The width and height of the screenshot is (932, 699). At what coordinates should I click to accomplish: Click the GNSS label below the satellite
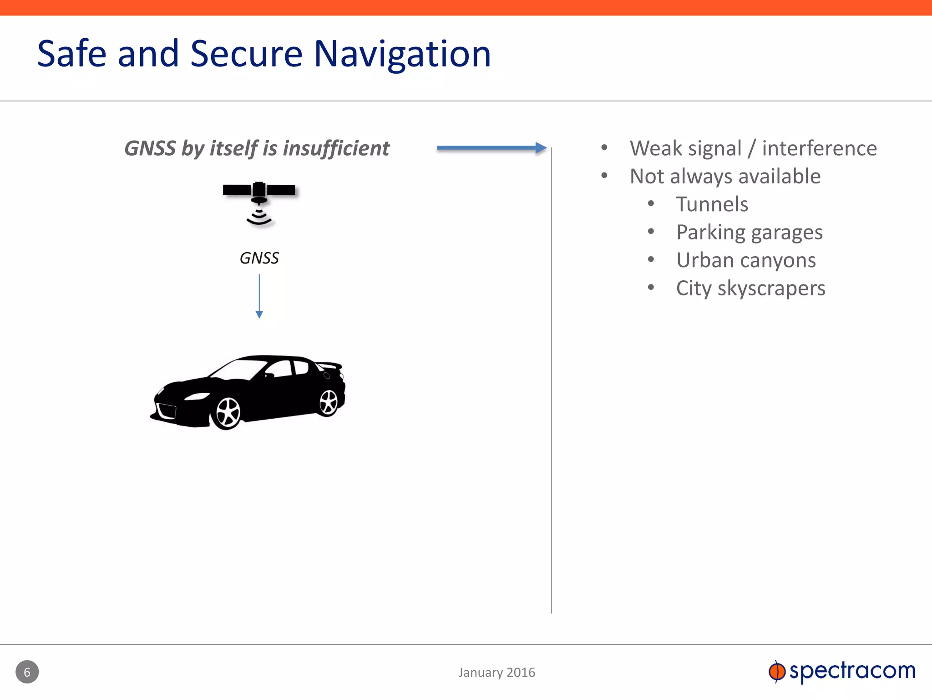(259, 258)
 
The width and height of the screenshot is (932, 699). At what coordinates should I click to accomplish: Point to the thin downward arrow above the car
(259, 296)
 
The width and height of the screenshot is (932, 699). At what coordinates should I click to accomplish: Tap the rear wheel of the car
(328, 402)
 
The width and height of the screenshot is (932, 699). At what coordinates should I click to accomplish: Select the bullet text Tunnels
(712, 204)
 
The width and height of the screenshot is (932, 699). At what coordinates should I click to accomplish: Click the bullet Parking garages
(749, 233)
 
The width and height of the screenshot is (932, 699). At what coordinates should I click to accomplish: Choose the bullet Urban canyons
(746, 260)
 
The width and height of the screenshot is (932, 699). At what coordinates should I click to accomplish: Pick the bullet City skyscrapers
(750, 289)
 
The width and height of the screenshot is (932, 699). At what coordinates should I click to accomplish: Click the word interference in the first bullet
(819, 148)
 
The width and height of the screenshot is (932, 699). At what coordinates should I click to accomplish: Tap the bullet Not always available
(725, 177)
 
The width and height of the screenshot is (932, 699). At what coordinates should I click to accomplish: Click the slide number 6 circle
(27, 672)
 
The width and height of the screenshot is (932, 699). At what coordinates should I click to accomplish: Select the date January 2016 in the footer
(496, 672)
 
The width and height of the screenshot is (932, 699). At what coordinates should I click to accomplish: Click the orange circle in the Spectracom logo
(777, 672)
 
